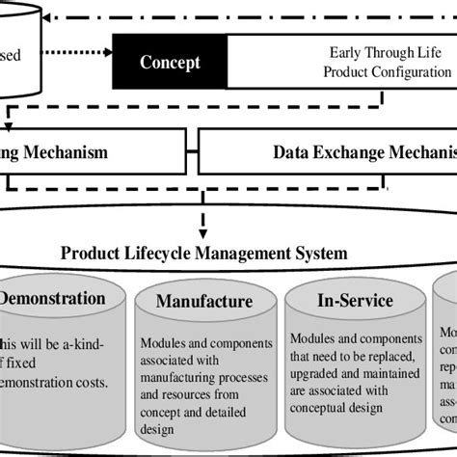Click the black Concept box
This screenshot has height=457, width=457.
point(170,63)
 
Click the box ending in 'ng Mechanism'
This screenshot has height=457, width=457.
point(87,152)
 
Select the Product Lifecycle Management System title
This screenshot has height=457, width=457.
point(203,253)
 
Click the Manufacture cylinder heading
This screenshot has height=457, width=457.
point(203,302)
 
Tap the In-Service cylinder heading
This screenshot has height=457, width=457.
point(355,301)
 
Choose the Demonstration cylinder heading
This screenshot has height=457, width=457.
point(52,298)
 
